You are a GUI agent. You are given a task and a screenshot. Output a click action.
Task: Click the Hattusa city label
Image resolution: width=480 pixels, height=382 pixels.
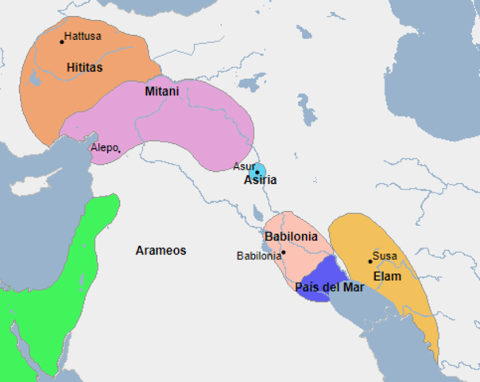point(83,36)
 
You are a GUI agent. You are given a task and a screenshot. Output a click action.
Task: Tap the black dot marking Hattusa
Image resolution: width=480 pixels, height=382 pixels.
point(61,41)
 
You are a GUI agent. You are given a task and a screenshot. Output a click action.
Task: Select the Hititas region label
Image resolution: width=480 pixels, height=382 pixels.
point(85,68)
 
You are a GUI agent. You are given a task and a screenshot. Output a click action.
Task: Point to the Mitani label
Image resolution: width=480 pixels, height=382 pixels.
point(161,92)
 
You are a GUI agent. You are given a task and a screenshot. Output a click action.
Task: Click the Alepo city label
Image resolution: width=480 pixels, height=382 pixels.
point(103,148)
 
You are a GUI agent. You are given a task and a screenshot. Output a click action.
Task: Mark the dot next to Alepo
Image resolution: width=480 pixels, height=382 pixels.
point(119,151)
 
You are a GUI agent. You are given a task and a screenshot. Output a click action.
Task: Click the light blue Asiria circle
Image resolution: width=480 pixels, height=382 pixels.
point(257,171)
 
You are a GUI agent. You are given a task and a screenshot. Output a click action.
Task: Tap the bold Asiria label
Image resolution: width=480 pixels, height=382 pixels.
point(260,181)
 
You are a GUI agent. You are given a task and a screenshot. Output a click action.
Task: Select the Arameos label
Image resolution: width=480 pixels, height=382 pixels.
point(161,250)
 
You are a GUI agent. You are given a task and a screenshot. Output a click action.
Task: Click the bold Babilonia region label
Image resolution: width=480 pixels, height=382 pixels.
point(291,236)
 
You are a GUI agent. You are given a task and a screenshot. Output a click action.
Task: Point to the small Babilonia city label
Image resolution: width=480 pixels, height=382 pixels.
point(259,255)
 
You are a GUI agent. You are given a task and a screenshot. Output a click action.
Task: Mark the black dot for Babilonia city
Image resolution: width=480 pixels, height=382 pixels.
point(283,252)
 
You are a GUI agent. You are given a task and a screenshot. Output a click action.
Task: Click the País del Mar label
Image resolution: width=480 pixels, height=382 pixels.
point(329,287)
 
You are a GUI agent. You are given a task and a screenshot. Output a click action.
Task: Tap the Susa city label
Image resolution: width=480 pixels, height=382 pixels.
point(385,255)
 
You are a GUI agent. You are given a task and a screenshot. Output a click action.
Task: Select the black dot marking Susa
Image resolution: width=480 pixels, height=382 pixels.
point(370,261)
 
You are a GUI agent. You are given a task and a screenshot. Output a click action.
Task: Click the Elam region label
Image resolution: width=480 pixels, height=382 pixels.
point(388,276)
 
